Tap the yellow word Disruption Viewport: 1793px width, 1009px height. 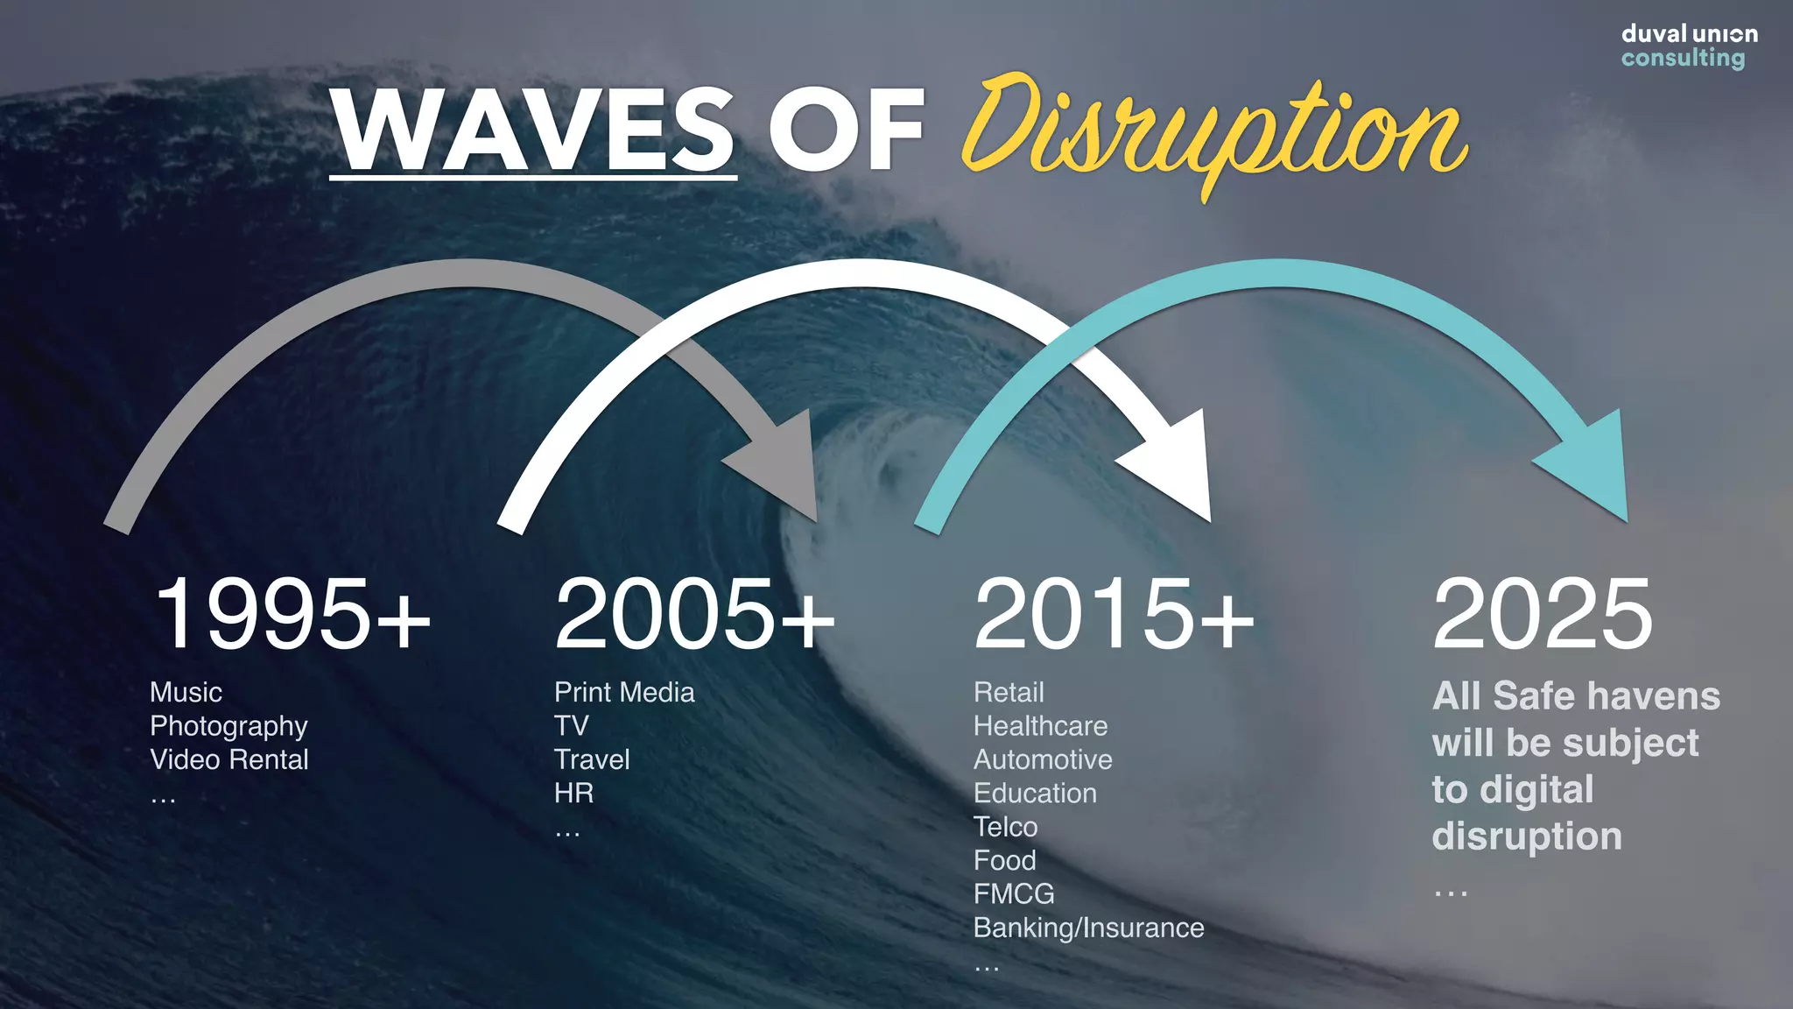click(x=1213, y=131)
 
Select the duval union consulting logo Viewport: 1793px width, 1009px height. click(x=1688, y=46)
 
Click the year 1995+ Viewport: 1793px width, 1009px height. click(x=292, y=615)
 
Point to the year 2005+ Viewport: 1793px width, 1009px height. click(x=694, y=615)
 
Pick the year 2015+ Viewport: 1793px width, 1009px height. click(x=1114, y=615)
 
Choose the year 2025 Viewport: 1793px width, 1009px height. click(x=1543, y=615)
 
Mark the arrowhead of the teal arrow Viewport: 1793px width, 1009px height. click(x=1590, y=464)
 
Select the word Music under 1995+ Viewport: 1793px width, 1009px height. click(x=186, y=692)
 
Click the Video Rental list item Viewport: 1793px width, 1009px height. click(x=229, y=759)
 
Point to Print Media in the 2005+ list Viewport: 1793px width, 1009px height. click(x=624, y=692)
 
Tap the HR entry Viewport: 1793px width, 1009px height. click(x=573, y=794)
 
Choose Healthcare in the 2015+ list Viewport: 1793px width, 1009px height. click(x=1040, y=726)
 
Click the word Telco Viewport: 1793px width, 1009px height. click(x=1005, y=827)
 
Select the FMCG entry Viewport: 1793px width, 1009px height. click(x=1014, y=894)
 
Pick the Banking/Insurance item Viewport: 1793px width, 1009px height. click(x=1088, y=928)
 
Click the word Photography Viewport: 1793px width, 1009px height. click(x=229, y=726)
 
